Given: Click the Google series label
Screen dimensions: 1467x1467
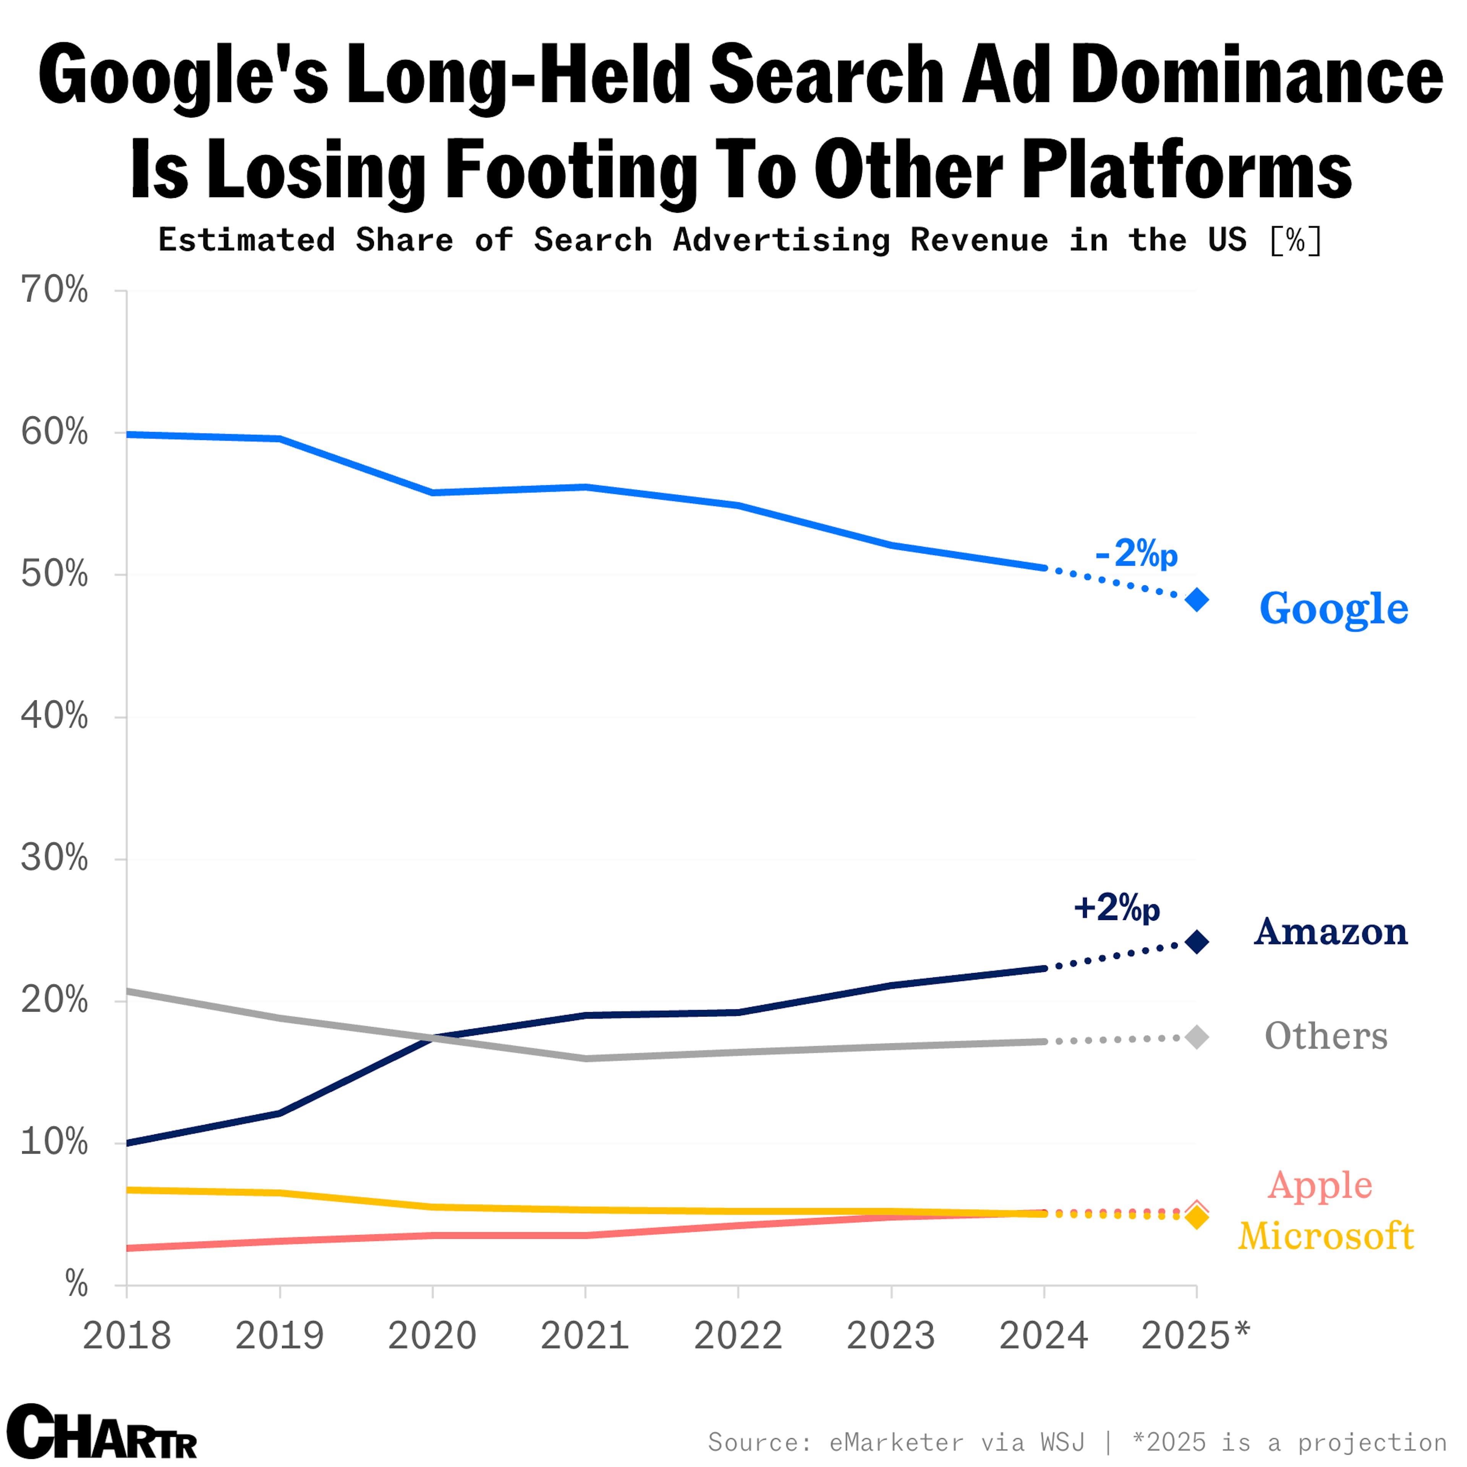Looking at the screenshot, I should coord(1333,609).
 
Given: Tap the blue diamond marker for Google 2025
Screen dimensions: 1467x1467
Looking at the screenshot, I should coord(1197,600).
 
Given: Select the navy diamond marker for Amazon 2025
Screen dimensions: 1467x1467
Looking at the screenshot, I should coord(1197,942).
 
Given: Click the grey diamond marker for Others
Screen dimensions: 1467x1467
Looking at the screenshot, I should coord(1197,1037).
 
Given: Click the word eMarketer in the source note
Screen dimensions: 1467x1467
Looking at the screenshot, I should coord(896,1441).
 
